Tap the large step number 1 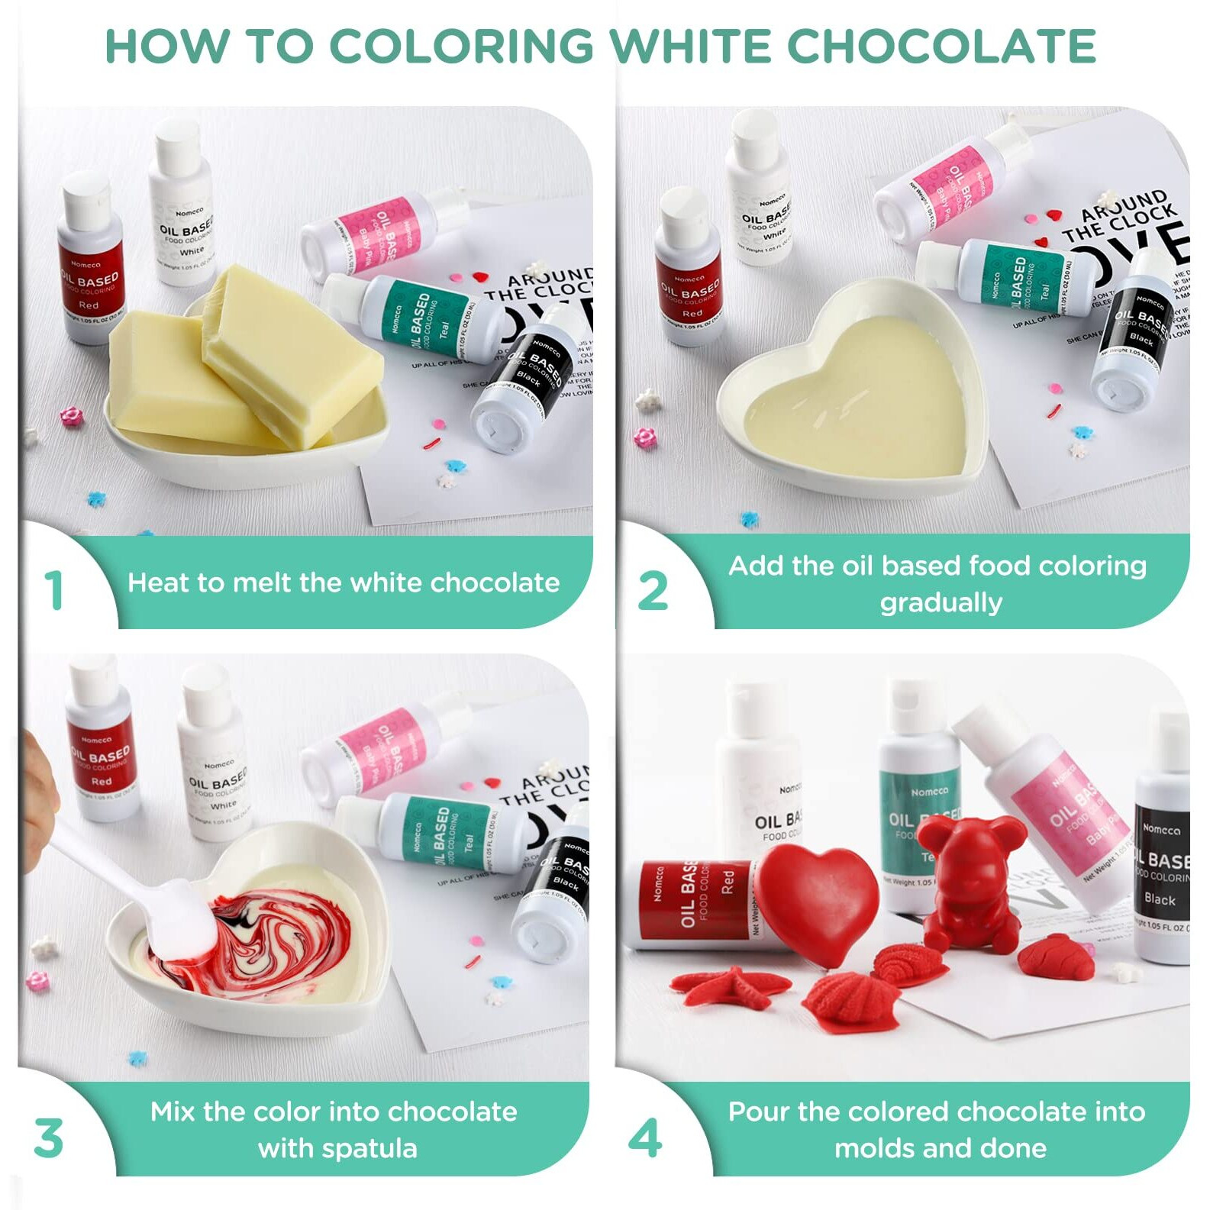coord(53,590)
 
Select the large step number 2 coord(653,592)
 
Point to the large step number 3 coord(49,1138)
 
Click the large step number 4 coord(646,1139)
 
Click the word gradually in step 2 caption coord(941,603)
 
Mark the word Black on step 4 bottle coord(1160,899)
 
